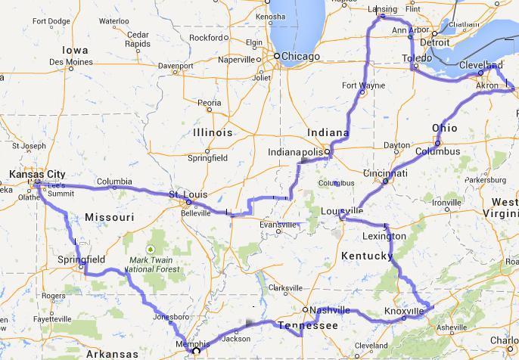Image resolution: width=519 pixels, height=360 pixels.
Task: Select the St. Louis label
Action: [186, 194]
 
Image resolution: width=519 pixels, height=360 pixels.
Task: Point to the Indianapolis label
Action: [297, 152]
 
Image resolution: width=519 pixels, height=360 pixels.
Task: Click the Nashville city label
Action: [329, 310]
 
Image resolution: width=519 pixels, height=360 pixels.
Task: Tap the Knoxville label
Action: [403, 311]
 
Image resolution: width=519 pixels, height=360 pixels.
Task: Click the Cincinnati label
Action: [386, 173]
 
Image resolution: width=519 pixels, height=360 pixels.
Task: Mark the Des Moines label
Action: [73, 62]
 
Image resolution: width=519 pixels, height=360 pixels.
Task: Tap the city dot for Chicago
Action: [278, 56]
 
